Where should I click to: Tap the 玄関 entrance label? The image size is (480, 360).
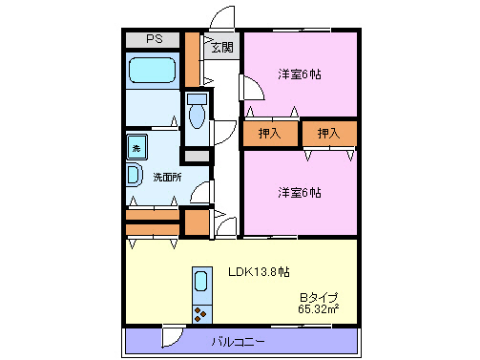[221, 46]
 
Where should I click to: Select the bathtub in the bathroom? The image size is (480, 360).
[152, 72]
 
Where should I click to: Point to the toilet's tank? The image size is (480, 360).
[197, 99]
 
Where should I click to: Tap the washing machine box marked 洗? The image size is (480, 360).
[136, 148]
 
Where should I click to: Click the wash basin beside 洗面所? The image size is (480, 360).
[134, 176]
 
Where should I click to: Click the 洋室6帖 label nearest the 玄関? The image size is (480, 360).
[300, 74]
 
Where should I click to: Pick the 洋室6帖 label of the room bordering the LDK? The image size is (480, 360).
[300, 192]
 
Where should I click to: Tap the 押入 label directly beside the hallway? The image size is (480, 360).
[270, 133]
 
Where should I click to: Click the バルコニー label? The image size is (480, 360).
[239, 341]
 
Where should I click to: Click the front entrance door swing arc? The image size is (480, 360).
[221, 18]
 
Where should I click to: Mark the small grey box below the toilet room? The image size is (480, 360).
[197, 155]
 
